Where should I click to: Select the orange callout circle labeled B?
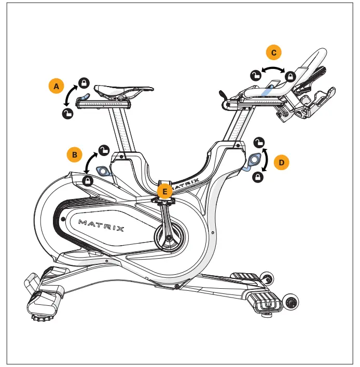[75, 154]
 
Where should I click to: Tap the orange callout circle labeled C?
[273, 52]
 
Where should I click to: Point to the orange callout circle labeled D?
[282, 162]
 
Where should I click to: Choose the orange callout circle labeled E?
[165, 191]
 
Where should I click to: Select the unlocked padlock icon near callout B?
[104, 150]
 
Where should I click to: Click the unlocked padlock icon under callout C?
[255, 75]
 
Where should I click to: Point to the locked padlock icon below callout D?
[258, 177]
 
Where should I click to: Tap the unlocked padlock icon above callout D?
[260, 142]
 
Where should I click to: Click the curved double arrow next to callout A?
[70, 97]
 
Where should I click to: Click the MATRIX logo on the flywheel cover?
[101, 224]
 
